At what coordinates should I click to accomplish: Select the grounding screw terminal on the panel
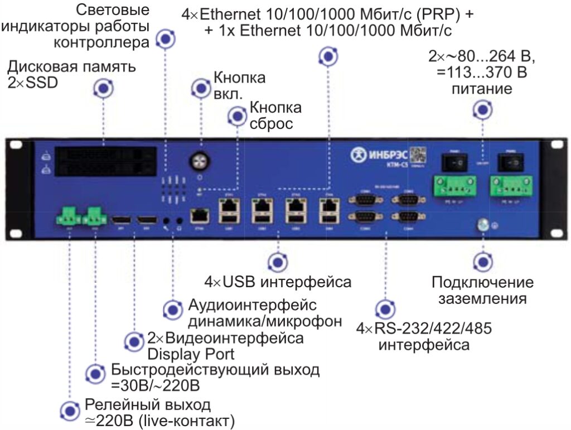pyautogui.click(x=483, y=225)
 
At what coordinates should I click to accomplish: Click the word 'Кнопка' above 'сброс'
pyautogui.click(x=275, y=107)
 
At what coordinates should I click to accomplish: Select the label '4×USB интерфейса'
pyautogui.click(x=278, y=282)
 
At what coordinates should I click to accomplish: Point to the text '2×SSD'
pyautogui.click(x=33, y=83)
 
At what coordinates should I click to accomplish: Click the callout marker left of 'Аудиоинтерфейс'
pyautogui.click(x=172, y=310)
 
